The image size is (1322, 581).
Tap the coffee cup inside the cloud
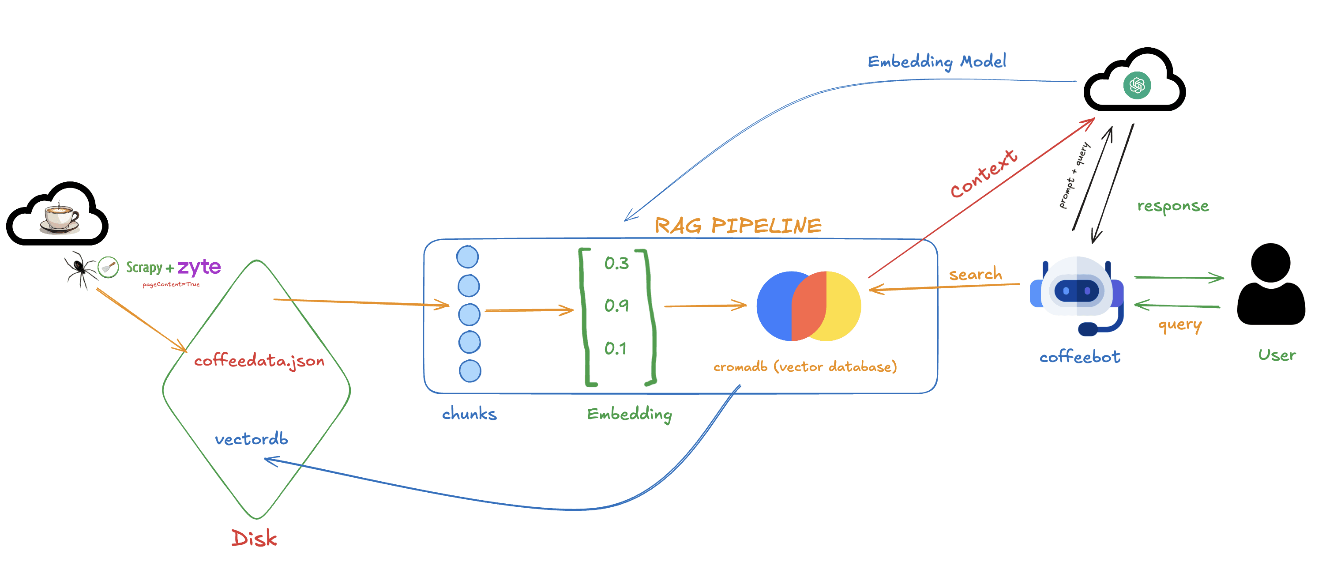tap(60, 218)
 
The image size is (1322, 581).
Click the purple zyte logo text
tap(199, 267)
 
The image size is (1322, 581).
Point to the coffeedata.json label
tap(259, 361)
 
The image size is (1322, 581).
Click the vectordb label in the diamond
tap(252, 439)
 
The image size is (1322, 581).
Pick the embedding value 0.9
tap(616, 306)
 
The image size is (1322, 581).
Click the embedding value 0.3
tap(616, 263)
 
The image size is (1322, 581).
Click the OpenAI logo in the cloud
tap(1137, 85)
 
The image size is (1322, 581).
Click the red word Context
tap(983, 174)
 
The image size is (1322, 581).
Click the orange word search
tap(975, 274)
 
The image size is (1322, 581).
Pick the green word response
tap(1173, 206)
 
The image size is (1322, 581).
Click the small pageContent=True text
tap(171, 284)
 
